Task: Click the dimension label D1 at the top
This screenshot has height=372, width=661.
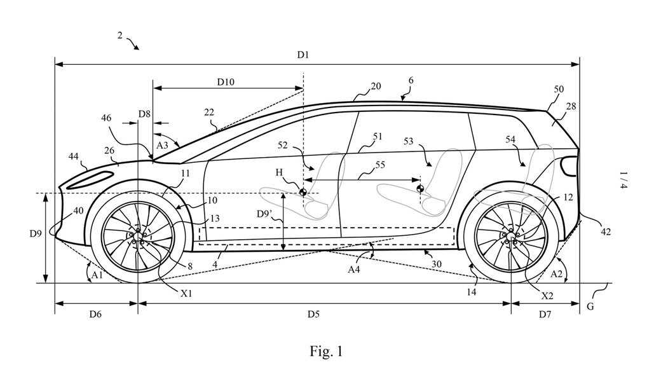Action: click(303, 55)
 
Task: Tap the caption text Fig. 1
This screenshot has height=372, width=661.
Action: click(327, 350)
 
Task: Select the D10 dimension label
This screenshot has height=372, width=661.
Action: click(226, 81)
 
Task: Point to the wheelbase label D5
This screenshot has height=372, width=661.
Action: click(313, 313)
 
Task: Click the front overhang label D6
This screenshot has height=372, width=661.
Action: click(96, 313)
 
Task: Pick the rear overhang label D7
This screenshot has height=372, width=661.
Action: click(545, 313)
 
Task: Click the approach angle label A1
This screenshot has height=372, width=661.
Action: click(96, 275)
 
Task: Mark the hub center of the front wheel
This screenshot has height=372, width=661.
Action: click(138, 236)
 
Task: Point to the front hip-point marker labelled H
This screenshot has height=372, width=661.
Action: click(303, 193)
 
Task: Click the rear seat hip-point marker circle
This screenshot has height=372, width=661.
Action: click(419, 188)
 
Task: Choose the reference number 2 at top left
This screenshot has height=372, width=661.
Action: click(120, 36)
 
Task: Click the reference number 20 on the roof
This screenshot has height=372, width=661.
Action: click(376, 86)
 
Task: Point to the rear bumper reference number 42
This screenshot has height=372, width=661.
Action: click(605, 232)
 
